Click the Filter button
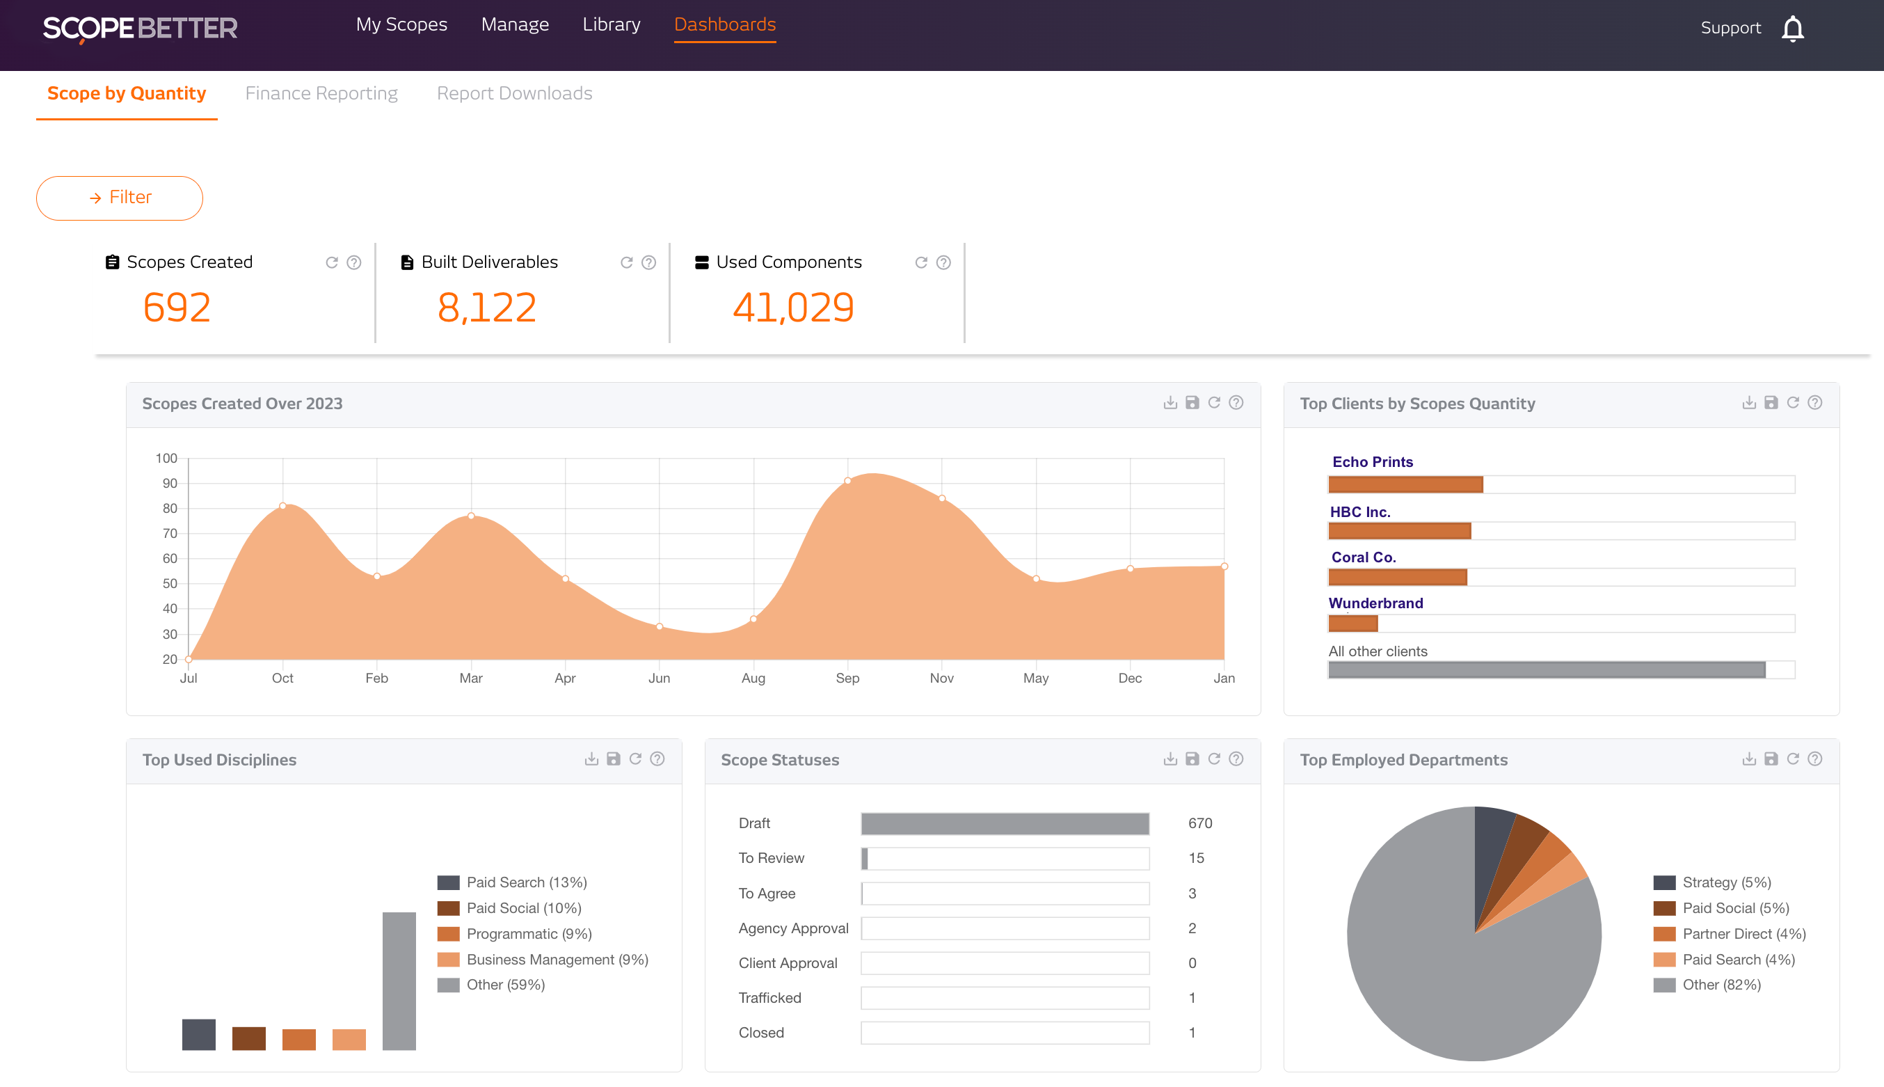(120, 198)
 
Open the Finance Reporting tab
(321, 93)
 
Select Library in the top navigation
(611, 24)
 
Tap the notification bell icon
(1792, 29)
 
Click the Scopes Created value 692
(177, 308)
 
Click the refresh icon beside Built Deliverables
(627, 263)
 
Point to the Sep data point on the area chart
(847, 481)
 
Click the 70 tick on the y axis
(170, 533)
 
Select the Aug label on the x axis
(753, 678)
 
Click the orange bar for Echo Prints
(1405, 484)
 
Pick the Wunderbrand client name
(1375, 603)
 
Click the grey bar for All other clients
(1546, 669)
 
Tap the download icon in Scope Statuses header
(1170, 759)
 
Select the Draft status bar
(1005, 823)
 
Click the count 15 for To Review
(1196, 858)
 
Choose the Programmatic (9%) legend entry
(528, 934)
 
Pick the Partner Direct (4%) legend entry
(1743, 934)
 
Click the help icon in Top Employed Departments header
(1814, 759)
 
